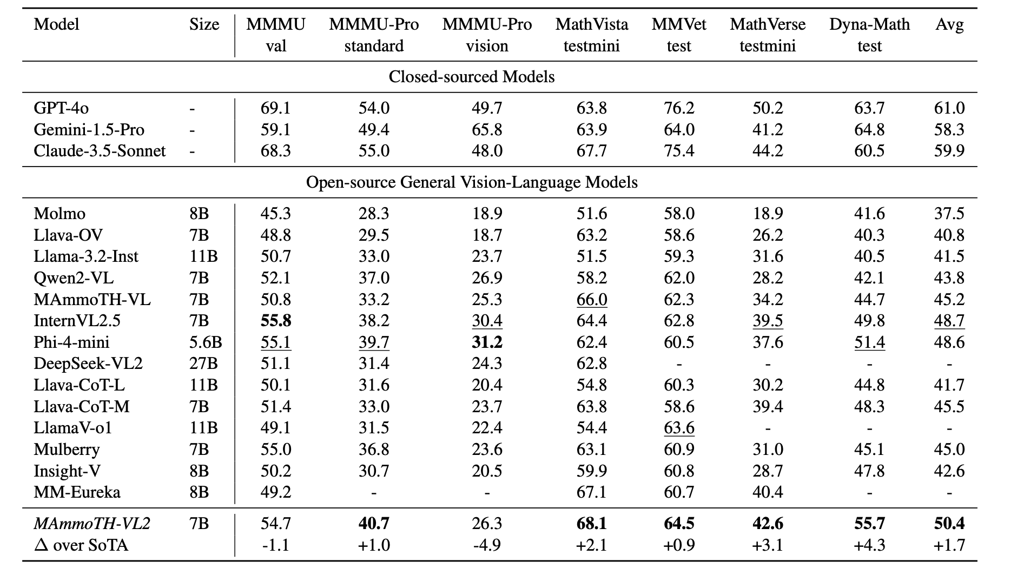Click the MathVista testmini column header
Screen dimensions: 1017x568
coord(592,35)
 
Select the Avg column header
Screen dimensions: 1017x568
coord(949,25)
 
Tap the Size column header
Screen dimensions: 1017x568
coord(204,25)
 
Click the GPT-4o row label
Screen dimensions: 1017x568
coord(61,108)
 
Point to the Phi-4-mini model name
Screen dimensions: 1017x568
coord(71,342)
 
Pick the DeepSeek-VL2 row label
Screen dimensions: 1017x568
coord(88,364)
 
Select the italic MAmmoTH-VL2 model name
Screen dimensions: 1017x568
coord(92,524)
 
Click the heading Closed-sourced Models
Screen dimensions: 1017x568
coord(472,77)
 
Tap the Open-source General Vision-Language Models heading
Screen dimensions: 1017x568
coord(472,182)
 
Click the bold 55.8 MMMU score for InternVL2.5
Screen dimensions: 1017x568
coord(276,321)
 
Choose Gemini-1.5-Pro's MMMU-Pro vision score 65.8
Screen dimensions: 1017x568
coord(487,130)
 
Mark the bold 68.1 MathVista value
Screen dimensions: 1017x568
coord(592,524)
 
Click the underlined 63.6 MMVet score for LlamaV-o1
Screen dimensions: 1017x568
coord(679,428)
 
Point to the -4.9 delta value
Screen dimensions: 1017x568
coord(487,545)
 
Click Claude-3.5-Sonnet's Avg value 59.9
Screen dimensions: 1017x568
coord(949,151)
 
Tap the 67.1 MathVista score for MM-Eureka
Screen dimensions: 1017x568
coord(592,492)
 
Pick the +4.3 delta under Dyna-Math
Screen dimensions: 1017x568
coord(869,545)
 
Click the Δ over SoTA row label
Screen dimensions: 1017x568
coord(81,545)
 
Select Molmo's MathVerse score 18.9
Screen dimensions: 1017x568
coord(768,214)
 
